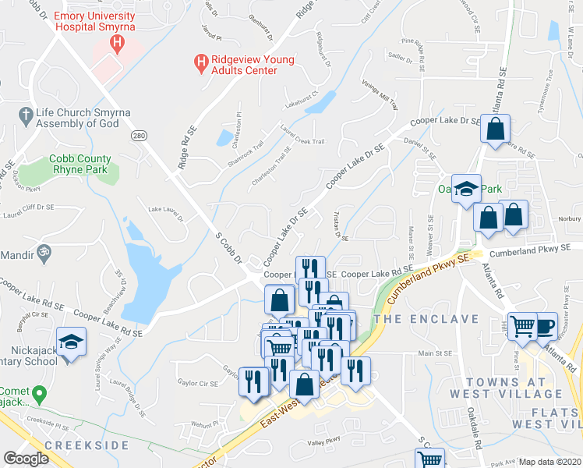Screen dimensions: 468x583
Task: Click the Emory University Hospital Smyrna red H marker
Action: click(x=118, y=43)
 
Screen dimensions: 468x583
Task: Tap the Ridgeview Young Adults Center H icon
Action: click(x=201, y=61)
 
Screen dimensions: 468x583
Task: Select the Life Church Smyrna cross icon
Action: click(x=23, y=114)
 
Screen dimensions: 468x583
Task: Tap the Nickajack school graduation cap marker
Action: click(x=71, y=342)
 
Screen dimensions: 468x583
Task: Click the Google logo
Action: click(x=26, y=459)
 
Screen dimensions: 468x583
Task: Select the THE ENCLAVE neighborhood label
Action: click(x=426, y=320)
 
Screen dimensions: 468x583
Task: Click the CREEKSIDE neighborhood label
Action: click(x=87, y=445)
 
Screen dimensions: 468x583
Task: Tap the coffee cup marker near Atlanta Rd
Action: click(x=544, y=326)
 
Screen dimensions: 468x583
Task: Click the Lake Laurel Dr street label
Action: click(x=165, y=211)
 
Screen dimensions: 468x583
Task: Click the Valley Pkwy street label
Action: click(x=324, y=442)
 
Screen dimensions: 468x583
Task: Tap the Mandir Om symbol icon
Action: click(x=44, y=255)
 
